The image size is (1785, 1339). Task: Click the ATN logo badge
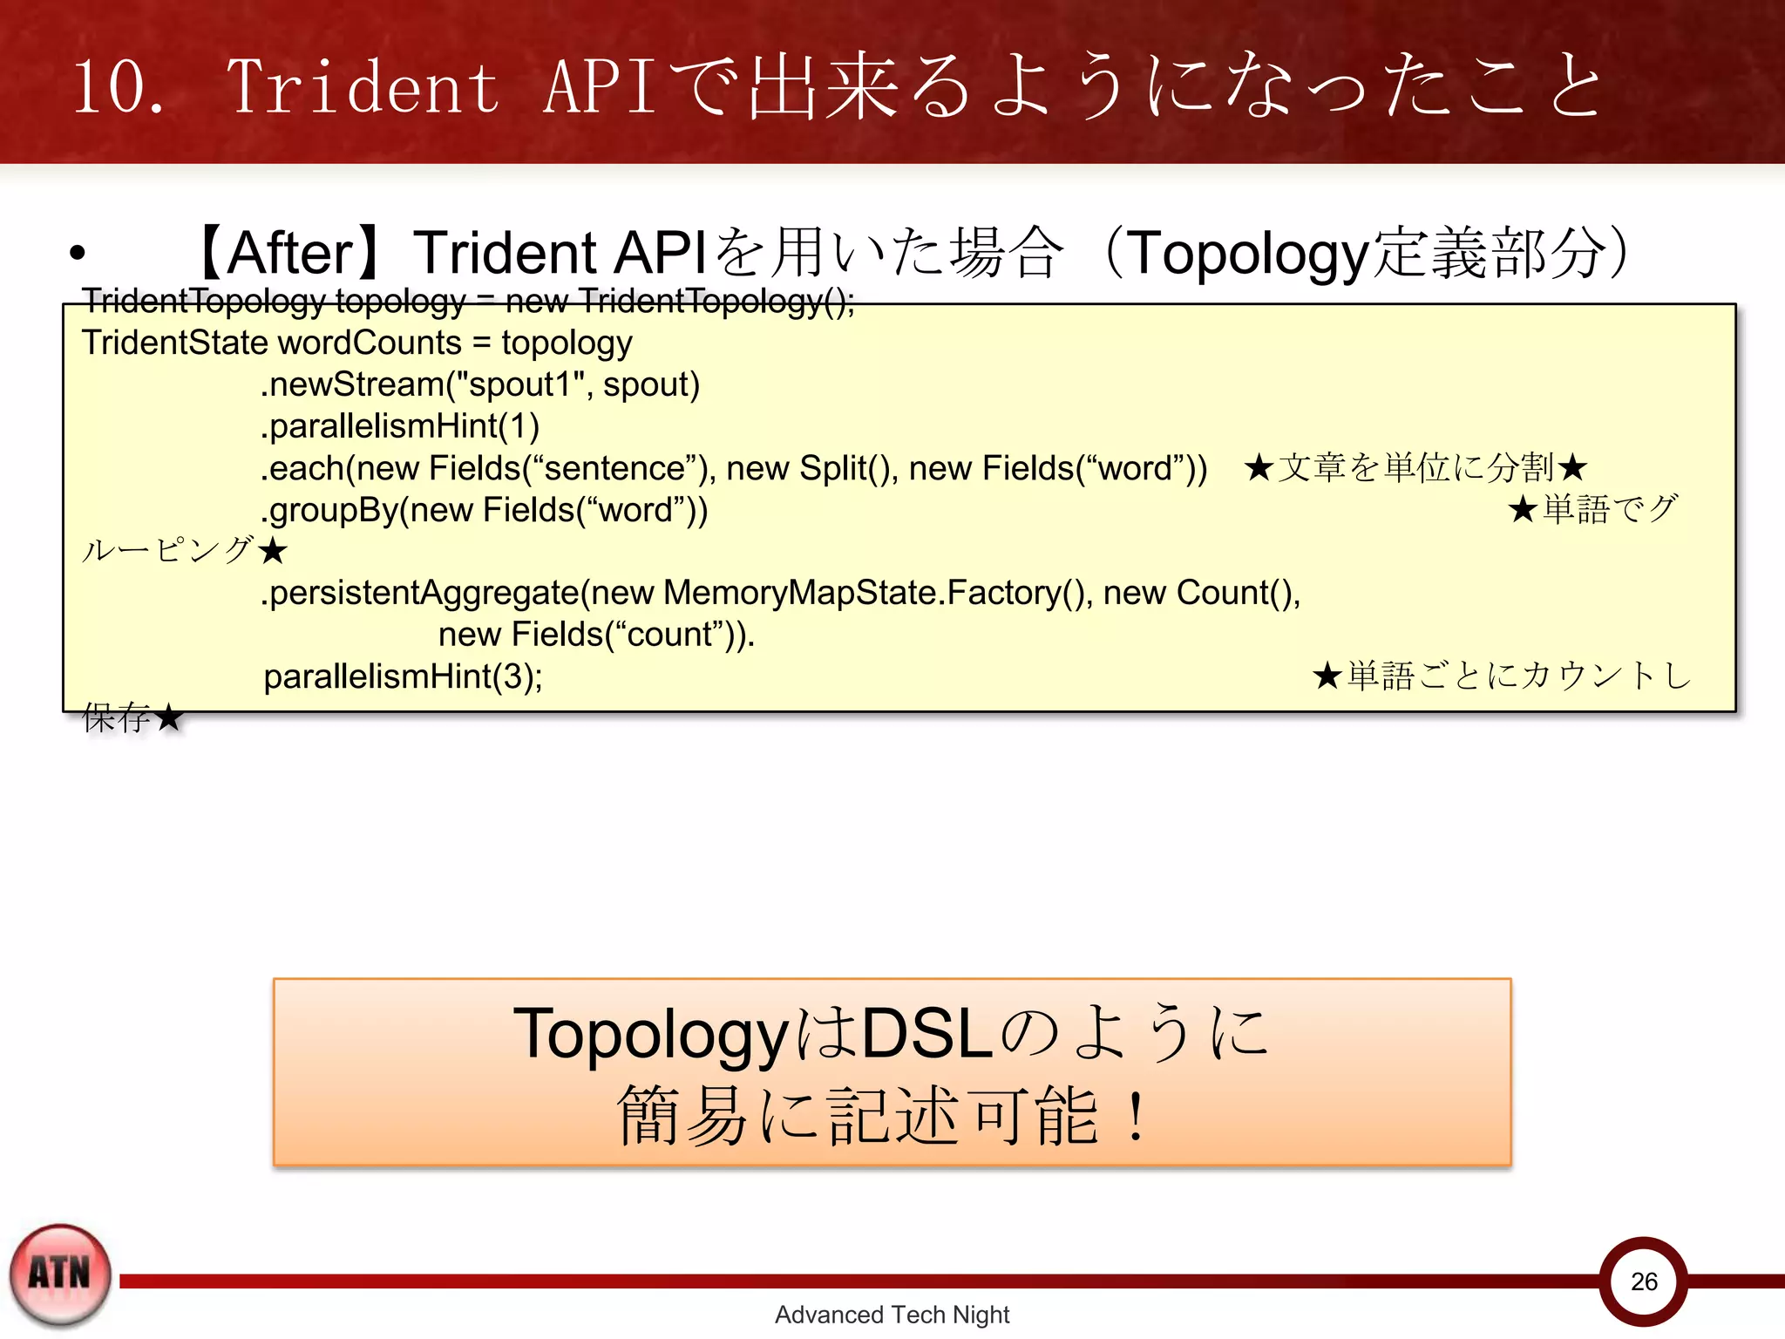click(59, 1274)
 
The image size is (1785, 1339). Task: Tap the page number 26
click(1644, 1281)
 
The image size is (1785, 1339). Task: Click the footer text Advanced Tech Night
click(892, 1315)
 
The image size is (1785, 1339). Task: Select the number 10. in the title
click(118, 87)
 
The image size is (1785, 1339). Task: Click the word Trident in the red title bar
click(363, 87)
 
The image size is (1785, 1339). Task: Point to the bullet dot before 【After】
click(78, 254)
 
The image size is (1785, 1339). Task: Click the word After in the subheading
click(290, 254)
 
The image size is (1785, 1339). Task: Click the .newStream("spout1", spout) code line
click(480, 384)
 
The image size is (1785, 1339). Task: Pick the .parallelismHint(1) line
click(400, 426)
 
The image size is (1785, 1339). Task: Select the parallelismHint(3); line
click(403, 676)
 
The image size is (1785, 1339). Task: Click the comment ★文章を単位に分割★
click(1415, 468)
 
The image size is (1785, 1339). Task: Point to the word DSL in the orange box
click(927, 1034)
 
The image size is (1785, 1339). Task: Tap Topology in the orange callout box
click(650, 1036)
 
